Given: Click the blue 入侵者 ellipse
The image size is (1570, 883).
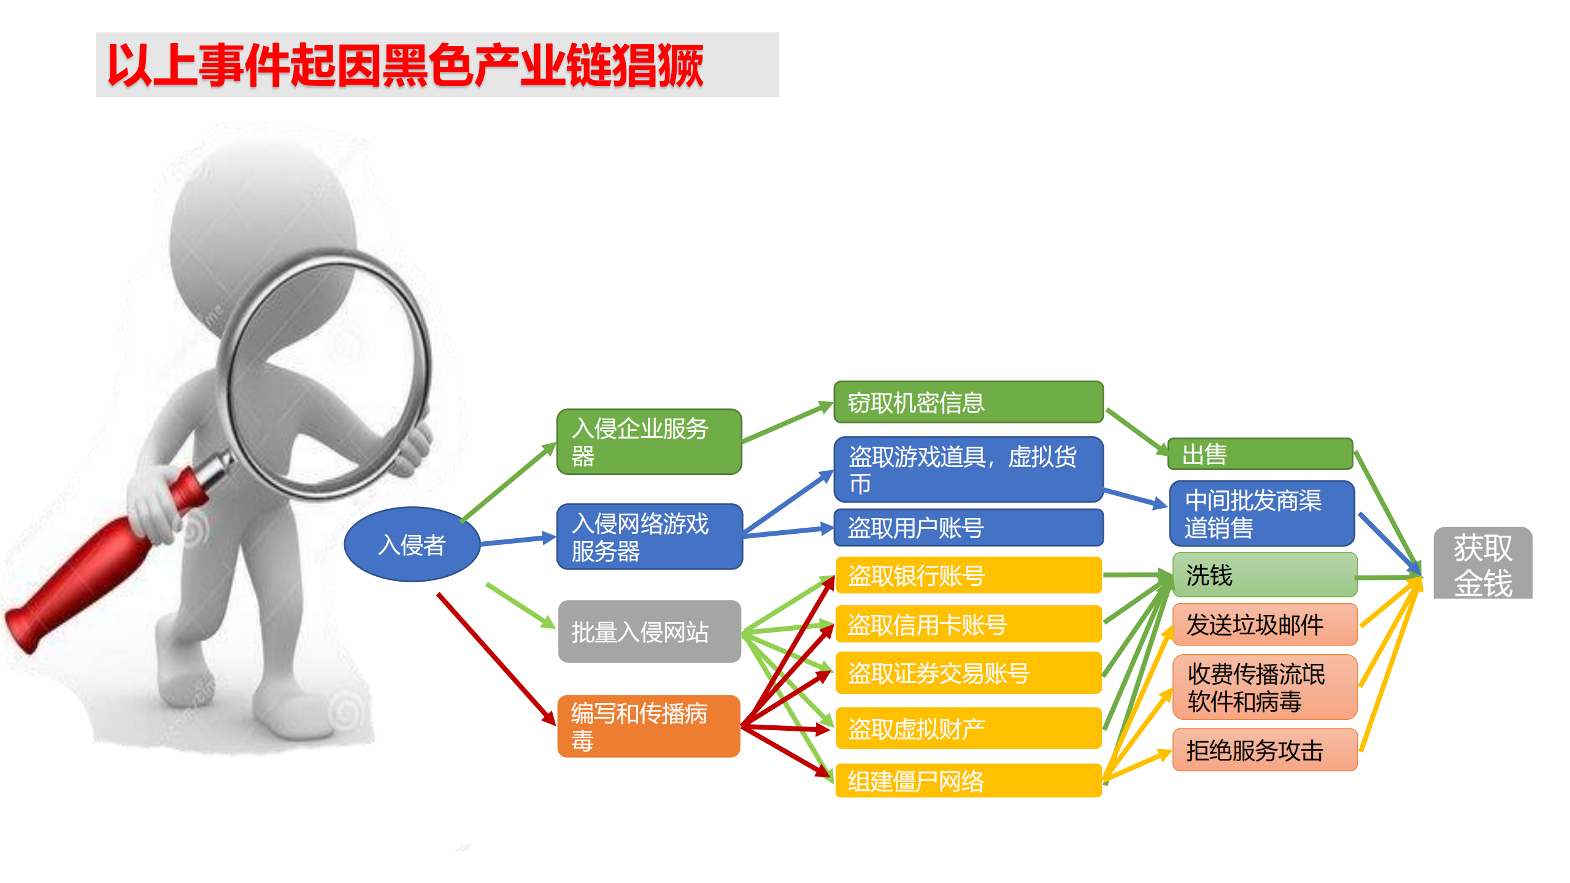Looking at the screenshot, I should click(412, 544).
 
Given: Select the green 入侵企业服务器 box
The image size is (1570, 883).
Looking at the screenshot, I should click(649, 442).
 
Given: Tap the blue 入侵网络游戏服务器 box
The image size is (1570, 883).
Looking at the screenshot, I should click(649, 537).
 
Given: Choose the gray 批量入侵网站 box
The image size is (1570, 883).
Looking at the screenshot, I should click(649, 631).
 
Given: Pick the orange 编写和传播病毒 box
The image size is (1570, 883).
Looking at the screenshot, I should click(648, 726).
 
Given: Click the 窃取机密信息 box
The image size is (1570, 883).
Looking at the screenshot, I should click(968, 403).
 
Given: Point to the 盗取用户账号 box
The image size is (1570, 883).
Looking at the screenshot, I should click(968, 528).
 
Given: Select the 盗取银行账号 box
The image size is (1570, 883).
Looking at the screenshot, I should click(968, 576).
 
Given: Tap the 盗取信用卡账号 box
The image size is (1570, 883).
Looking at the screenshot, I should click(968, 625).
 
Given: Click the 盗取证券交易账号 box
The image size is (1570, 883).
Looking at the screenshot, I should click(968, 673).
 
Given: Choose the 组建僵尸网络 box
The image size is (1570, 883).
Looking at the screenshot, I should click(968, 781).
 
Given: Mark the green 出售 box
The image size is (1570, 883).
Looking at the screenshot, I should click(1260, 454).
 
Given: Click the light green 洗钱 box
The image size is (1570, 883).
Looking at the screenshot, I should click(1264, 575).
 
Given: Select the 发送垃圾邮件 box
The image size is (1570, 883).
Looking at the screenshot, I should click(1264, 625).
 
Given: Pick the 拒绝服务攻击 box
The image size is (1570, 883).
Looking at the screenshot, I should click(1264, 750).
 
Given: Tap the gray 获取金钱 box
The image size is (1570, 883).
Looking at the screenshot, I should click(1482, 563).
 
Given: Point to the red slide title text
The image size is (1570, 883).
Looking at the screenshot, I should click(405, 65).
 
